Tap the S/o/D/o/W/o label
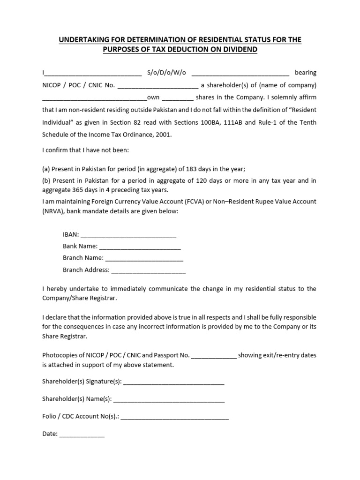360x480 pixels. coord(166,73)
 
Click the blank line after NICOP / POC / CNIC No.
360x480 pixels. coord(157,85)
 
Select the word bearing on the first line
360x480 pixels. coord(305,73)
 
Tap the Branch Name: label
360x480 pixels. coord(83,258)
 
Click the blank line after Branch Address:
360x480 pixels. coord(149,270)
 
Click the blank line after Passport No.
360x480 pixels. coord(214,355)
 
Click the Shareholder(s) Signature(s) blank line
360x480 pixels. coord(174,382)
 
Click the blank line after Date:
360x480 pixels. coord(82,434)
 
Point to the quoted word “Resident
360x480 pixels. coord(300,110)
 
